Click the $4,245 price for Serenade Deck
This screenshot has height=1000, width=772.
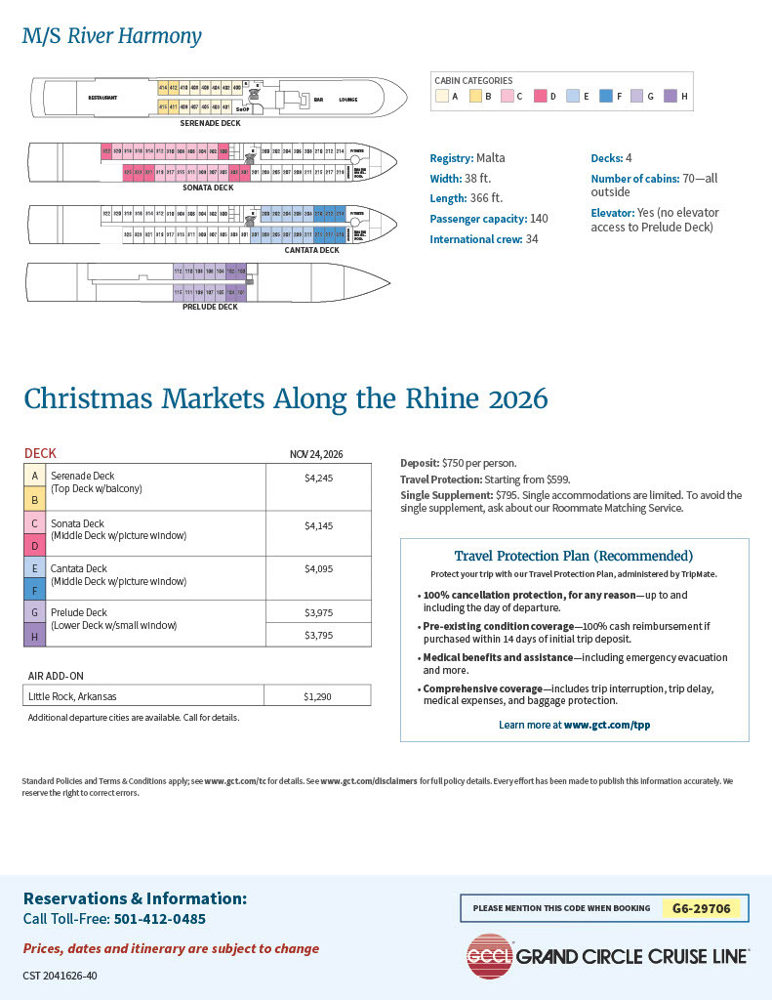[318, 479]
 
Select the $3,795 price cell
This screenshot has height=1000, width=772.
[318, 635]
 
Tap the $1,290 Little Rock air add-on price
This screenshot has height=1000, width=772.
[318, 695]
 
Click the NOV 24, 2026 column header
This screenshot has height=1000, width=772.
[316, 454]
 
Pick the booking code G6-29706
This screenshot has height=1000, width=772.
[701, 908]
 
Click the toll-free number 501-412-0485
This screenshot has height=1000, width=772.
[160, 919]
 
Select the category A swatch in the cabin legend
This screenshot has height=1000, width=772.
[442, 96]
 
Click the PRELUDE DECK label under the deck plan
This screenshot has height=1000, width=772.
[210, 307]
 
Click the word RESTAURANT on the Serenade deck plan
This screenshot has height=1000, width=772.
[102, 98]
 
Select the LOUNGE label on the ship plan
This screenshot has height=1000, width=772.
[348, 99]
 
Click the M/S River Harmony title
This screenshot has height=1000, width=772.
[112, 37]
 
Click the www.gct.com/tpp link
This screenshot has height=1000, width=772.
[607, 726]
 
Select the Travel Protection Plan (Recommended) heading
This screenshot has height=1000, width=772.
[574, 556]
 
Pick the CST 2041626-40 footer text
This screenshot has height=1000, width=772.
[60, 976]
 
